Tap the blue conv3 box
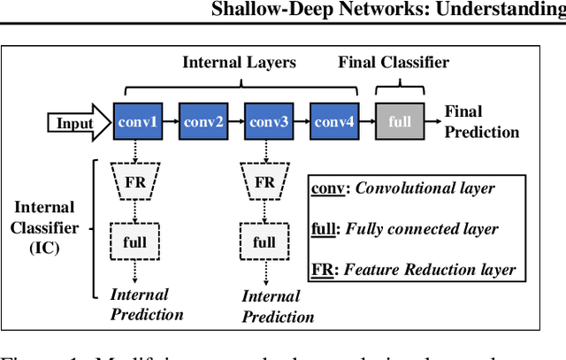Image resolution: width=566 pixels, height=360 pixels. click(266, 121)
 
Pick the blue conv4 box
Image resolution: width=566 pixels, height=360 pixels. click(333, 121)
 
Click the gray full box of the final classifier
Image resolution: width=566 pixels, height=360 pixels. click(399, 121)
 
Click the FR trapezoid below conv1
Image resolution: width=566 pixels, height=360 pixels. click(134, 182)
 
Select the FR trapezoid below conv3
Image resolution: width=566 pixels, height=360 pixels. click(264, 182)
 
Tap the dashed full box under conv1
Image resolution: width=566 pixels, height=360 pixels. click(134, 241)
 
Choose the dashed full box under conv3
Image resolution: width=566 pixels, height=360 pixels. click(264, 241)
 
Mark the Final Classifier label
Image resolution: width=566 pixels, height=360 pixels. click(394, 63)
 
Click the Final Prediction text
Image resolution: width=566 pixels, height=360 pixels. click(481, 122)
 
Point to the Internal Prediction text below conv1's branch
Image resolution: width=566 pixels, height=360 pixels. click(147, 304)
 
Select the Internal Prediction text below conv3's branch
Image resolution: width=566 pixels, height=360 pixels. click(278, 306)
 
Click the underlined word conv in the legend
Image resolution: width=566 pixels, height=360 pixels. click(325, 188)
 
